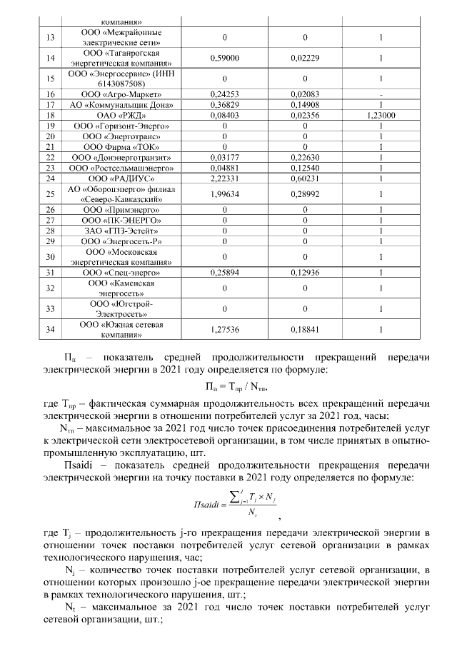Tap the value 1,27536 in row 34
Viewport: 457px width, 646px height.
pyautogui.click(x=224, y=329)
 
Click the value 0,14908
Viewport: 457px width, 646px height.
pyautogui.click(x=304, y=104)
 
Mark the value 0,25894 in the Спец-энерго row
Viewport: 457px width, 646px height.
pyautogui.click(x=224, y=273)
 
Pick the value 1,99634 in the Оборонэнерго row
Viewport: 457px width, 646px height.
pyautogui.click(x=224, y=193)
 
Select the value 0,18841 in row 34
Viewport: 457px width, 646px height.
pyautogui.click(x=304, y=329)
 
